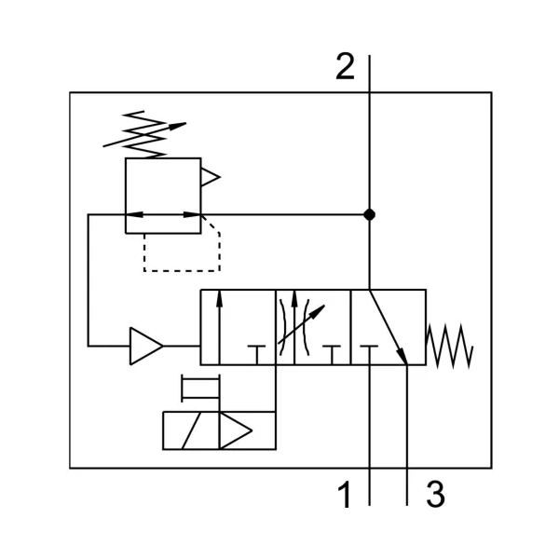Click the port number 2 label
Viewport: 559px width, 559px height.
345,66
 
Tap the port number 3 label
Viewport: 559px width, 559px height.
435,494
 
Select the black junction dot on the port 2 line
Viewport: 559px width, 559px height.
369,215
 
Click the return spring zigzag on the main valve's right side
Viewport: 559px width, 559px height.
450,346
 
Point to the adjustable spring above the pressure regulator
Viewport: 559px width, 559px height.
144,135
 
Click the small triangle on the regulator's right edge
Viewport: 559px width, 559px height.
211,177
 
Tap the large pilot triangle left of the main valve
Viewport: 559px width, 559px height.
146,346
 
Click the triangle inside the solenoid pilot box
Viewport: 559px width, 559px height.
236,430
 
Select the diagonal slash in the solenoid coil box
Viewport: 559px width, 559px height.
191,430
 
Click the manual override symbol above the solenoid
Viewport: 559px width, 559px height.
200,389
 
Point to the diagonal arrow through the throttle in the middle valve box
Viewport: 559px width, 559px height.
301,324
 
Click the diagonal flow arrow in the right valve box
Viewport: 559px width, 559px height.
389,327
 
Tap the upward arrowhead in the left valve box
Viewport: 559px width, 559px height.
219,299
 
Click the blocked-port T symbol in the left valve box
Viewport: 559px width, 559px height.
257,355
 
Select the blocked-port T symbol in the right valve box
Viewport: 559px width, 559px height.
369,355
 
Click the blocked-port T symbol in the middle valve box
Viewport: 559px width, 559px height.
332,355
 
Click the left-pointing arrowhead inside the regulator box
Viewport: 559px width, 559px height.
135,214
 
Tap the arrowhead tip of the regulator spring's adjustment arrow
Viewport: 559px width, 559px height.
185,123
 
